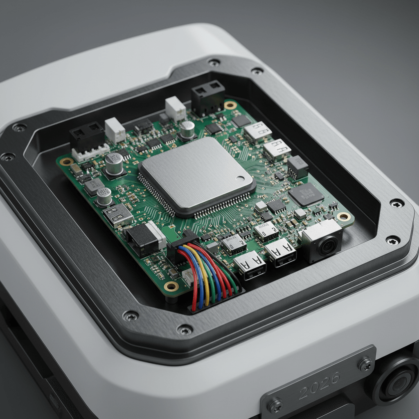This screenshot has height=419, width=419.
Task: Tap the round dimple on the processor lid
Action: [239, 178]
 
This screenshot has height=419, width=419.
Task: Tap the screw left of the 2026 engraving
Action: [275, 405]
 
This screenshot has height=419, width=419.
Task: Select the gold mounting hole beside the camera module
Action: [344, 216]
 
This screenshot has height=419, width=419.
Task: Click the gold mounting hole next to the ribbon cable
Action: [171, 286]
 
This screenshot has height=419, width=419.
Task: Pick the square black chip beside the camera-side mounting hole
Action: [306, 194]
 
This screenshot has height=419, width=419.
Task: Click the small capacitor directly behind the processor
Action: [187, 129]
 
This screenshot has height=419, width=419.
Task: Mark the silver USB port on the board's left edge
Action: [117, 214]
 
